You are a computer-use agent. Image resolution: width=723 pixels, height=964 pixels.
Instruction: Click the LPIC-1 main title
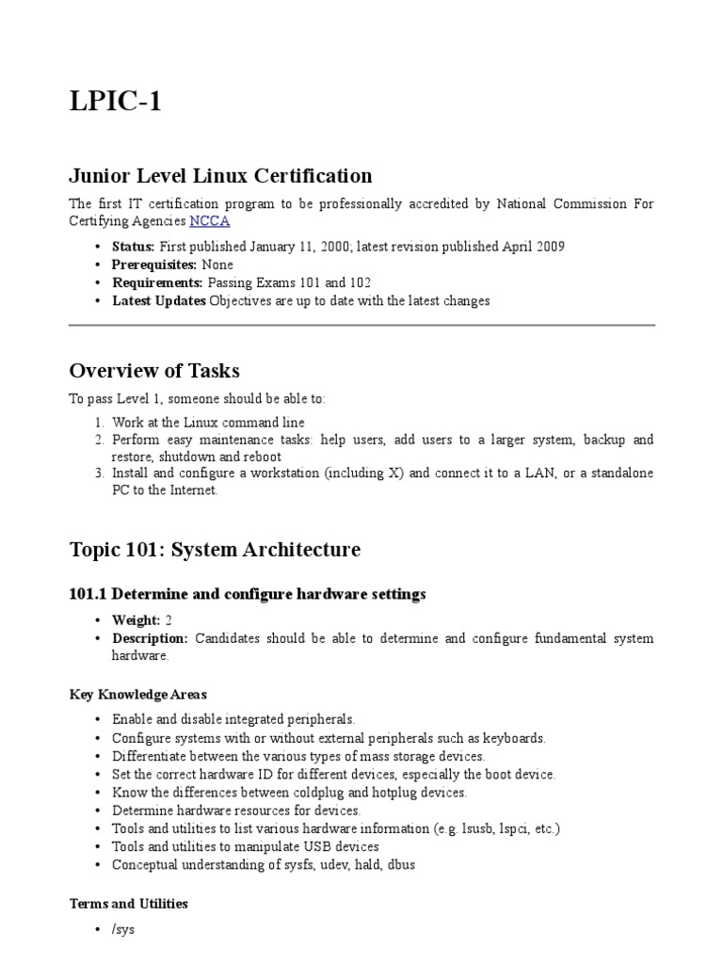[x=116, y=102]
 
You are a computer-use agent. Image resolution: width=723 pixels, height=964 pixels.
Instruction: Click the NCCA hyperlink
[x=209, y=221]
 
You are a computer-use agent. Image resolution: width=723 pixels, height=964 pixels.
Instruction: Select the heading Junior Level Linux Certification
[x=221, y=175]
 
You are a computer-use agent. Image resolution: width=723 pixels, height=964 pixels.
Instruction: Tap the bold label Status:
[x=133, y=247]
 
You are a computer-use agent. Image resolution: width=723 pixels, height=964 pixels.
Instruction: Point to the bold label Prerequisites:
[x=154, y=265]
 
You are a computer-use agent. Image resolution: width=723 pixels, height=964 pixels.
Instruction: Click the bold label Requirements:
[x=157, y=282]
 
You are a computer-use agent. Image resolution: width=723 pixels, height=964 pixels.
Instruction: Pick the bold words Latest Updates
[x=159, y=301]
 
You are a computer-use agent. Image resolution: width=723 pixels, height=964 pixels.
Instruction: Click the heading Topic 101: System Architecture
[x=215, y=550]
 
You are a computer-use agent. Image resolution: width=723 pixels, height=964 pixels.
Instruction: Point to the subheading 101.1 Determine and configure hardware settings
[x=248, y=594]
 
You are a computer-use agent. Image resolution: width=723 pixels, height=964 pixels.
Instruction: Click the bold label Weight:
[x=137, y=620]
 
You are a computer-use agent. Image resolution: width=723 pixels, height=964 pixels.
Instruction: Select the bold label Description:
[x=151, y=638]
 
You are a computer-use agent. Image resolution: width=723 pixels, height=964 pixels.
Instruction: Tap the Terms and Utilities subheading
[x=129, y=904]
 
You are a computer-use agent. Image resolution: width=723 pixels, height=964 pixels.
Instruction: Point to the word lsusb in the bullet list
[x=466, y=828]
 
